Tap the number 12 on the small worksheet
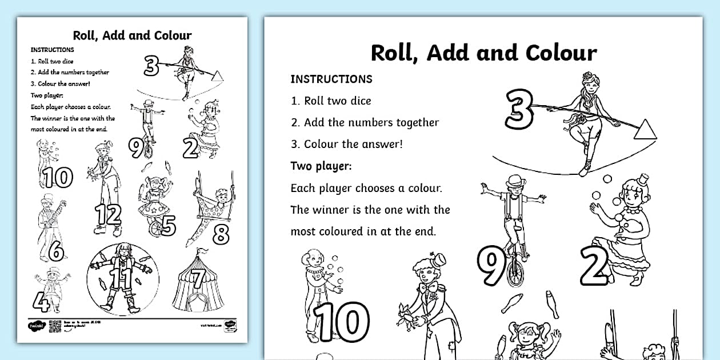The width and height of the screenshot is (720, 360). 109,214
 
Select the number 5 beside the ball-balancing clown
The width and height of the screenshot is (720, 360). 167,225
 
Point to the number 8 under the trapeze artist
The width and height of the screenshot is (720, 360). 221,234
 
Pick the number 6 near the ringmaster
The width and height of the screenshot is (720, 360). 55,250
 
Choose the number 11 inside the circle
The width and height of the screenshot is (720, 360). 124,278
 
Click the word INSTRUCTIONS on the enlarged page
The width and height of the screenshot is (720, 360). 331,79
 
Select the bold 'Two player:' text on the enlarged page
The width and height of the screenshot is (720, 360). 321,166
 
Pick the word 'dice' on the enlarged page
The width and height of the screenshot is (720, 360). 361,101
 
